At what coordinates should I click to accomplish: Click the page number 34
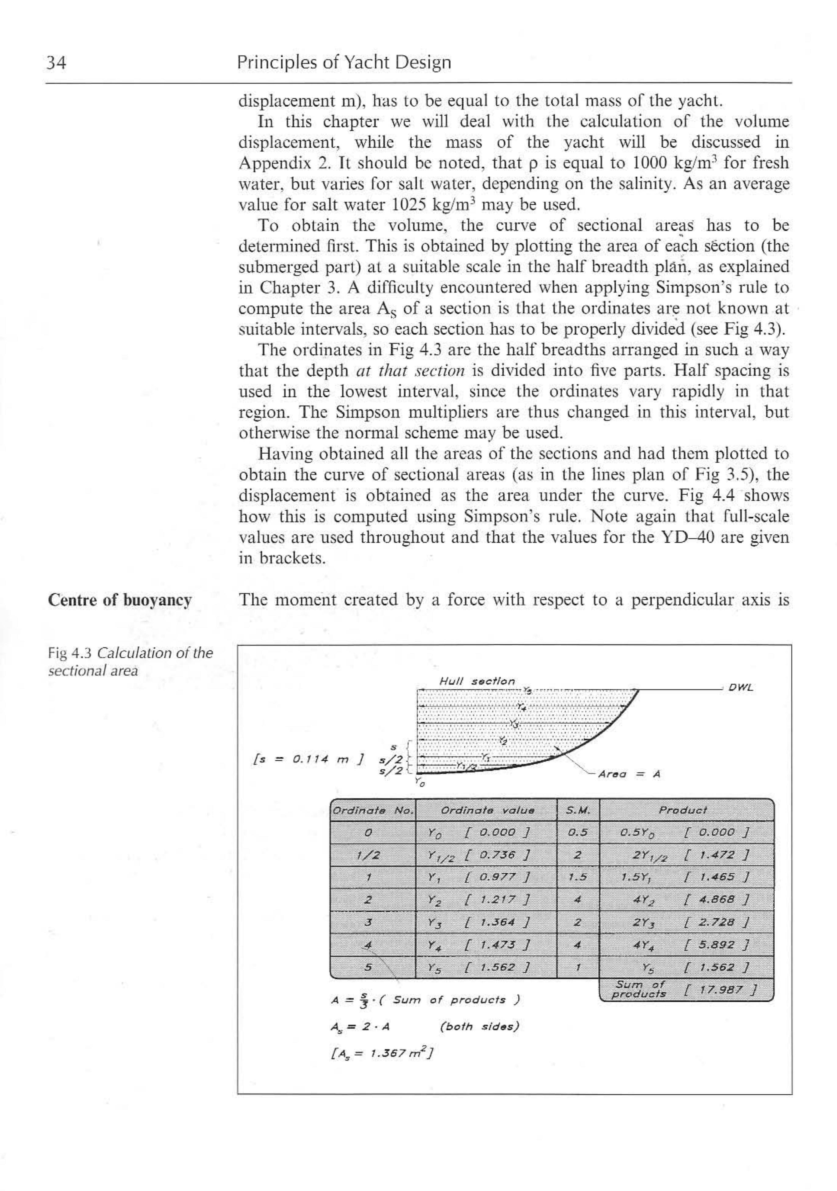point(56,63)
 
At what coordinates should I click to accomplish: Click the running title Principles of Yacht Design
point(344,63)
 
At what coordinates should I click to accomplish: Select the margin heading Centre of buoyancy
point(120,600)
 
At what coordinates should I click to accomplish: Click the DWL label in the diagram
point(741,688)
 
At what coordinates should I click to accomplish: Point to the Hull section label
point(477,681)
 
